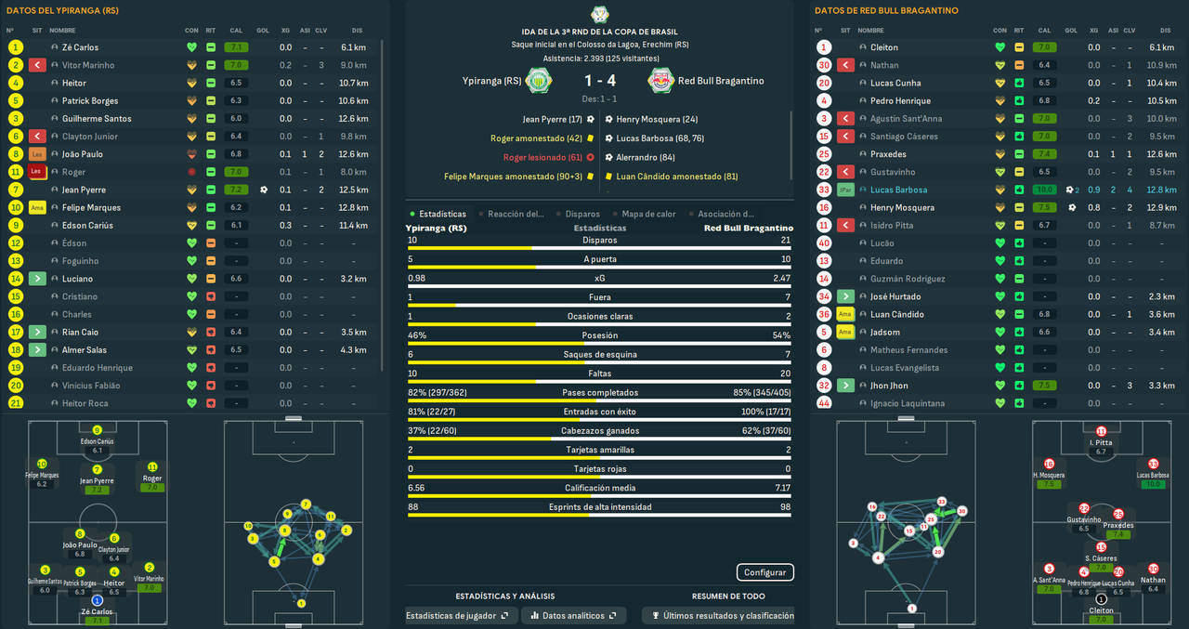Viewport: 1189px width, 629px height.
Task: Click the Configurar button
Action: click(764, 572)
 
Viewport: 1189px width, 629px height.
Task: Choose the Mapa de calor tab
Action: click(647, 214)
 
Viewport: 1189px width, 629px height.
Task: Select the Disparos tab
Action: click(581, 214)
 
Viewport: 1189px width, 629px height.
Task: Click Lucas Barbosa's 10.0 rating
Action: click(1045, 190)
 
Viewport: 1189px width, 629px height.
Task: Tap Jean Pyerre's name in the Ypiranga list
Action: click(84, 190)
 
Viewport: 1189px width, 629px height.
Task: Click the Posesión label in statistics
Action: click(599, 335)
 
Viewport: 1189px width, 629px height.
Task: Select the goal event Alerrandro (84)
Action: click(647, 157)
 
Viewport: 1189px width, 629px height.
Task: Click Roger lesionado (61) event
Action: click(542, 157)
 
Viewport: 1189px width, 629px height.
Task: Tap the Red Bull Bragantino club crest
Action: click(661, 81)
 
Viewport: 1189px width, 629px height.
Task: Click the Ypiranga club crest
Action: click(536, 81)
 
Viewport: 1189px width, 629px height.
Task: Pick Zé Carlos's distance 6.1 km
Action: click(354, 47)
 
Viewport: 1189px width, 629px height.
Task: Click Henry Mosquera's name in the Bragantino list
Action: click(902, 207)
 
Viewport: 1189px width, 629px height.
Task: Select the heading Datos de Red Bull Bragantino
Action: click(885, 10)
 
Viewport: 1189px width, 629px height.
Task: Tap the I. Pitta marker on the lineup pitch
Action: click(1101, 432)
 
